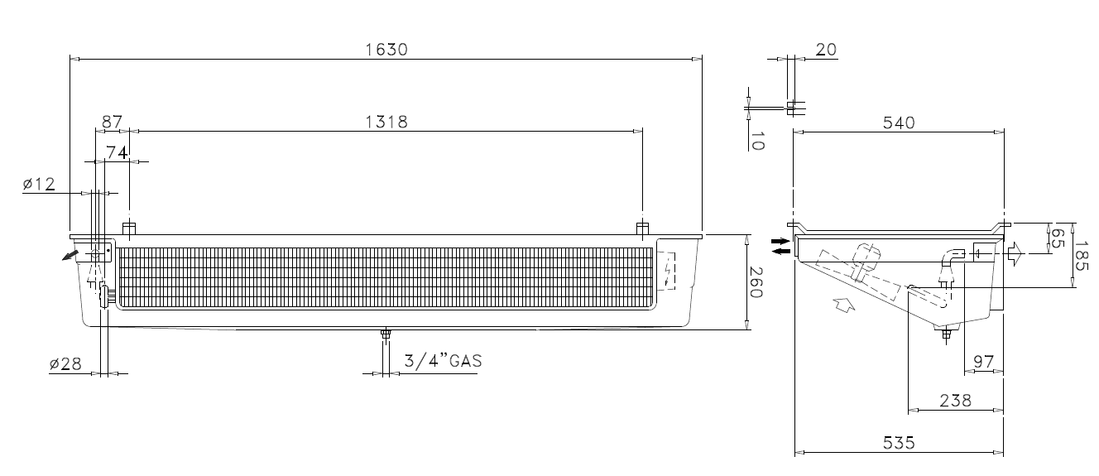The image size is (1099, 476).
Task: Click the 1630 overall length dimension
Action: [386, 50]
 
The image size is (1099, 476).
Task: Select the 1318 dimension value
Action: [386, 122]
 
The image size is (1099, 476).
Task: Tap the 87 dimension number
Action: [112, 121]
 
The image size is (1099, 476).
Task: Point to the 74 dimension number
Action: [117, 152]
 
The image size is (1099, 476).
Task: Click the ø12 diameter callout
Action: [39, 185]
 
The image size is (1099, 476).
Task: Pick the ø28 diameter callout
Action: [65, 364]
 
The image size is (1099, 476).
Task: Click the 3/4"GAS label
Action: [443, 361]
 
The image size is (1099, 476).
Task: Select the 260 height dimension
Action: [756, 282]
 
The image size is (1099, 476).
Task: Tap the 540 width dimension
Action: [899, 123]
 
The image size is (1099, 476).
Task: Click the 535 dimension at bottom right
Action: [899, 443]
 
